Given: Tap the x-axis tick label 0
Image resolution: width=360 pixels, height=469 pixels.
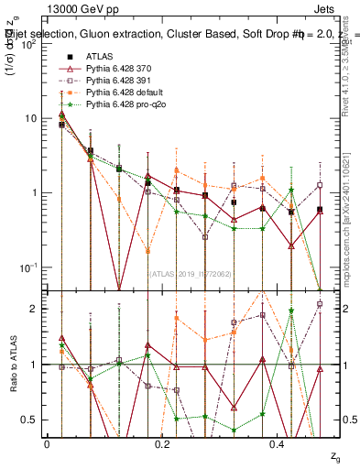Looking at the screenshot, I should pyautogui.click(x=47, y=443).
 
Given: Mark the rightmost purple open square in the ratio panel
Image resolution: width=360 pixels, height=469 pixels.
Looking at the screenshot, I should pyautogui.click(x=320, y=304).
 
